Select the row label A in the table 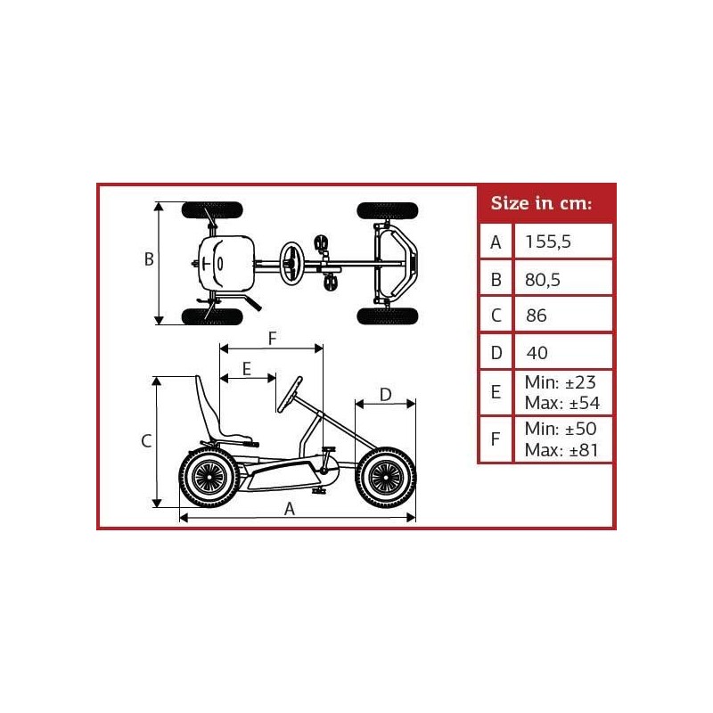(496, 242)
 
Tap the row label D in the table (496, 352)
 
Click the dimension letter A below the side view (290, 508)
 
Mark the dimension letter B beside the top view (150, 259)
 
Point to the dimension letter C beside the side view (149, 440)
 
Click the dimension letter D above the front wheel (385, 393)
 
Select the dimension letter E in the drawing (247, 367)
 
